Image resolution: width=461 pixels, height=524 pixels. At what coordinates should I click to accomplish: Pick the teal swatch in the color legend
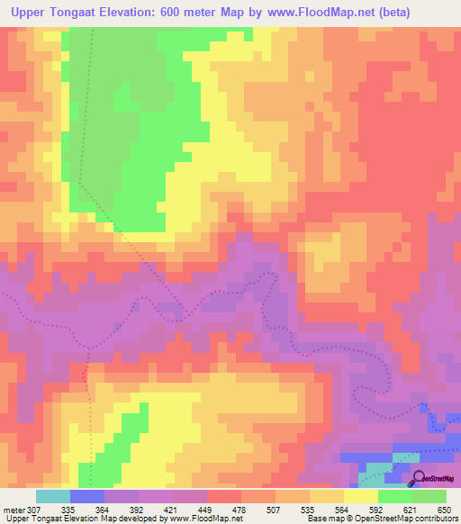(53, 495)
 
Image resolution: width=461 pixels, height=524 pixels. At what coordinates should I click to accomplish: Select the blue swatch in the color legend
(87, 495)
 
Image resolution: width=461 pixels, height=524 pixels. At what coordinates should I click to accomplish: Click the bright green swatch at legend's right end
(429, 495)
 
